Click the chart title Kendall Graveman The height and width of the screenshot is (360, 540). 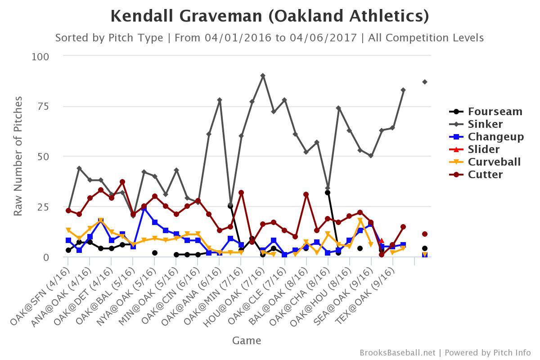point(270,16)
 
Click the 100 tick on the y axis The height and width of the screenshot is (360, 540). point(40,57)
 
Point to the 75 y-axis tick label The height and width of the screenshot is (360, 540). point(43,107)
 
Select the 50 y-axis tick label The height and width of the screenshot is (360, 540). point(43,157)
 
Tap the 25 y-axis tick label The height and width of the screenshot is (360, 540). point(43,207)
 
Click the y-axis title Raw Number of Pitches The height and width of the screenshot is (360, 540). point(18,156)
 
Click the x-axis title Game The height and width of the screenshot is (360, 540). point(247,341)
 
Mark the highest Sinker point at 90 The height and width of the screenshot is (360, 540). point(263,76)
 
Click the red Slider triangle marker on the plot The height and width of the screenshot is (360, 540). point(382,241)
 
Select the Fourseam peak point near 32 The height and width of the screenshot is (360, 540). point(328,193)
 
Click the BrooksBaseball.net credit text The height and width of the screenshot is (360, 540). point(397,353)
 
